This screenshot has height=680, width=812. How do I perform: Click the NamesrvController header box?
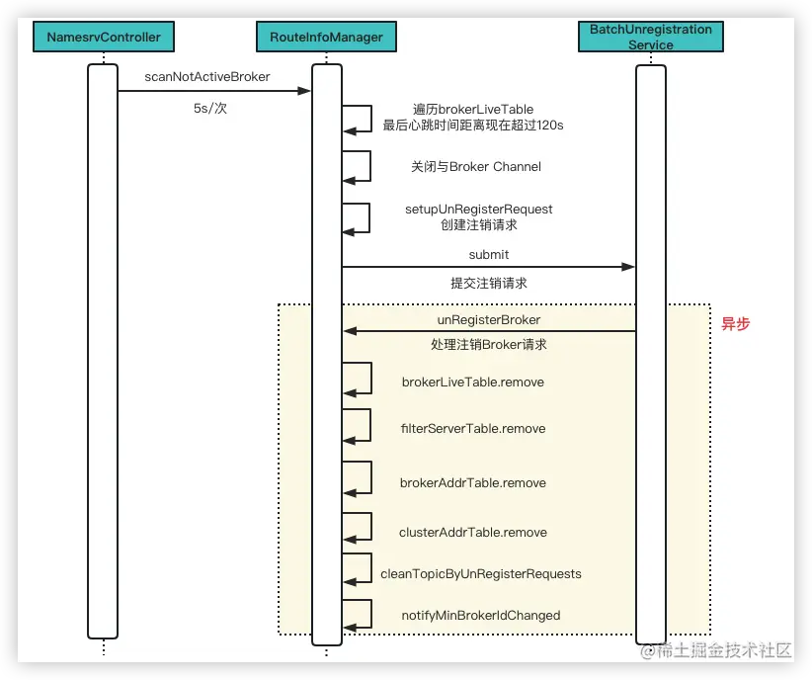[103, 38]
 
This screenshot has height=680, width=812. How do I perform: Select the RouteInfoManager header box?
[326, 38]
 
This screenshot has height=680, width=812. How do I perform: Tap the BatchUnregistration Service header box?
[650, 37]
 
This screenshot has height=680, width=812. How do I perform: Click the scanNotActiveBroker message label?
[207, 76]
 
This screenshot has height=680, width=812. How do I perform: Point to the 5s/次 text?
[209, 108]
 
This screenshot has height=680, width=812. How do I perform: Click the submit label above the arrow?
[488, 254]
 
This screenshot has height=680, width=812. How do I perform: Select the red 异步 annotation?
[735, 323]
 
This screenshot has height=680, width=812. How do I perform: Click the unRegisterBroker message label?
[488, 320]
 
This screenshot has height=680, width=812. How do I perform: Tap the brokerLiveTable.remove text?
[472, 382]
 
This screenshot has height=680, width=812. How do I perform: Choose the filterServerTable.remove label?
[472, 429]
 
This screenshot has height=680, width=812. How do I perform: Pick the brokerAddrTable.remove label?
[472, 483]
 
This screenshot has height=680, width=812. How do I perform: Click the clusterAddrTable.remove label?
[472, 532]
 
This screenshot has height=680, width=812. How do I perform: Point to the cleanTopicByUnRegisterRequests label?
[481, 573]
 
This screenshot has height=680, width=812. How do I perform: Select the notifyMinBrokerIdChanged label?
[480, 615]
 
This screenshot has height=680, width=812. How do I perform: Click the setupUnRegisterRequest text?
[478, 209]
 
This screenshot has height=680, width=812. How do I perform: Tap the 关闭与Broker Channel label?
[476, 166]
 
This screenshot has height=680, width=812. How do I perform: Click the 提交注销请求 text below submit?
[488, 283]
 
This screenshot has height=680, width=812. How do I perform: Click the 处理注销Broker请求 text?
[488, 345]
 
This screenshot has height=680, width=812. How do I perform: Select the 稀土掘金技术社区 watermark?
[717, 650]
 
